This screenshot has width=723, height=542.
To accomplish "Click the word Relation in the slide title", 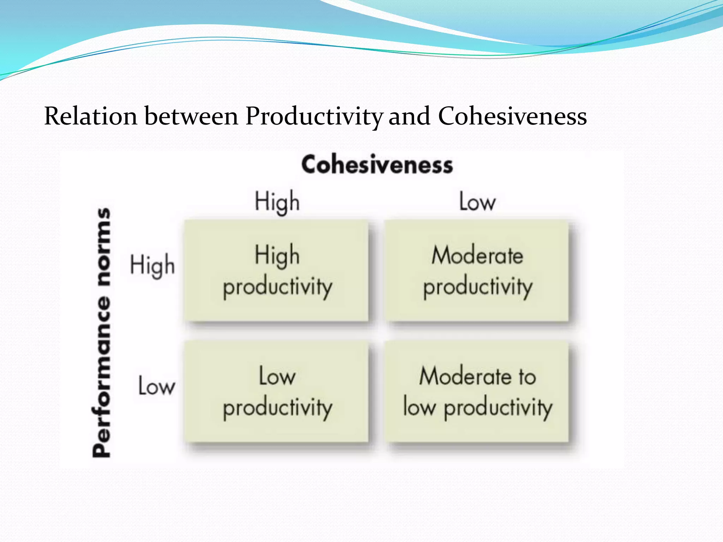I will pos(90,116).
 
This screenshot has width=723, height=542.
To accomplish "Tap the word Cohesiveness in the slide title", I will pos(512,116).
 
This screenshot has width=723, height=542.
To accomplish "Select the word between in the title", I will pos(191,116).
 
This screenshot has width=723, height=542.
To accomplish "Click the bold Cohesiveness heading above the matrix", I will pos(377,165).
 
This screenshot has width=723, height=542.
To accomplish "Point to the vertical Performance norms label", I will pos(102,332).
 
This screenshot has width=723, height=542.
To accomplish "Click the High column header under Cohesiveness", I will pos(277,202).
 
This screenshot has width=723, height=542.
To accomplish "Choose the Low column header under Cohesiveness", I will pos(477,202).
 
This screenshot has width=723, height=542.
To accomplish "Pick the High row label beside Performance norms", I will pos(152,265).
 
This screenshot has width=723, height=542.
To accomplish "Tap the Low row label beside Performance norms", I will pos(156,386).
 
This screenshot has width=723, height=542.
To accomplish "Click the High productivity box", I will pos(277,271).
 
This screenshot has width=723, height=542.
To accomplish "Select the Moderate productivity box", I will pos(477,271).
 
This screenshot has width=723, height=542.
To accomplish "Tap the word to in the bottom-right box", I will pos(527,377).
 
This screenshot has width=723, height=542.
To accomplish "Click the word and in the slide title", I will pos(410,116).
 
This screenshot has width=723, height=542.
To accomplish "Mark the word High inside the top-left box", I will pos(277,255).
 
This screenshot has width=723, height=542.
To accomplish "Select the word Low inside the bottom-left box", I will pos(277,376).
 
